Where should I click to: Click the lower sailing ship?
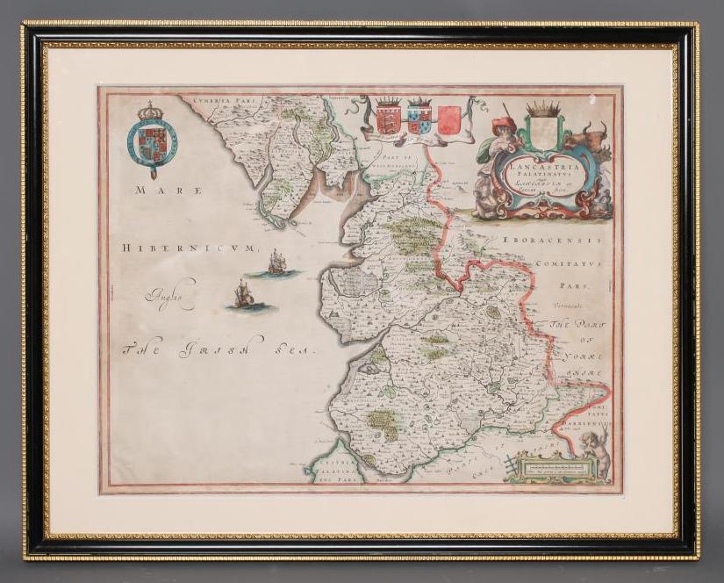pos(241,295)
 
